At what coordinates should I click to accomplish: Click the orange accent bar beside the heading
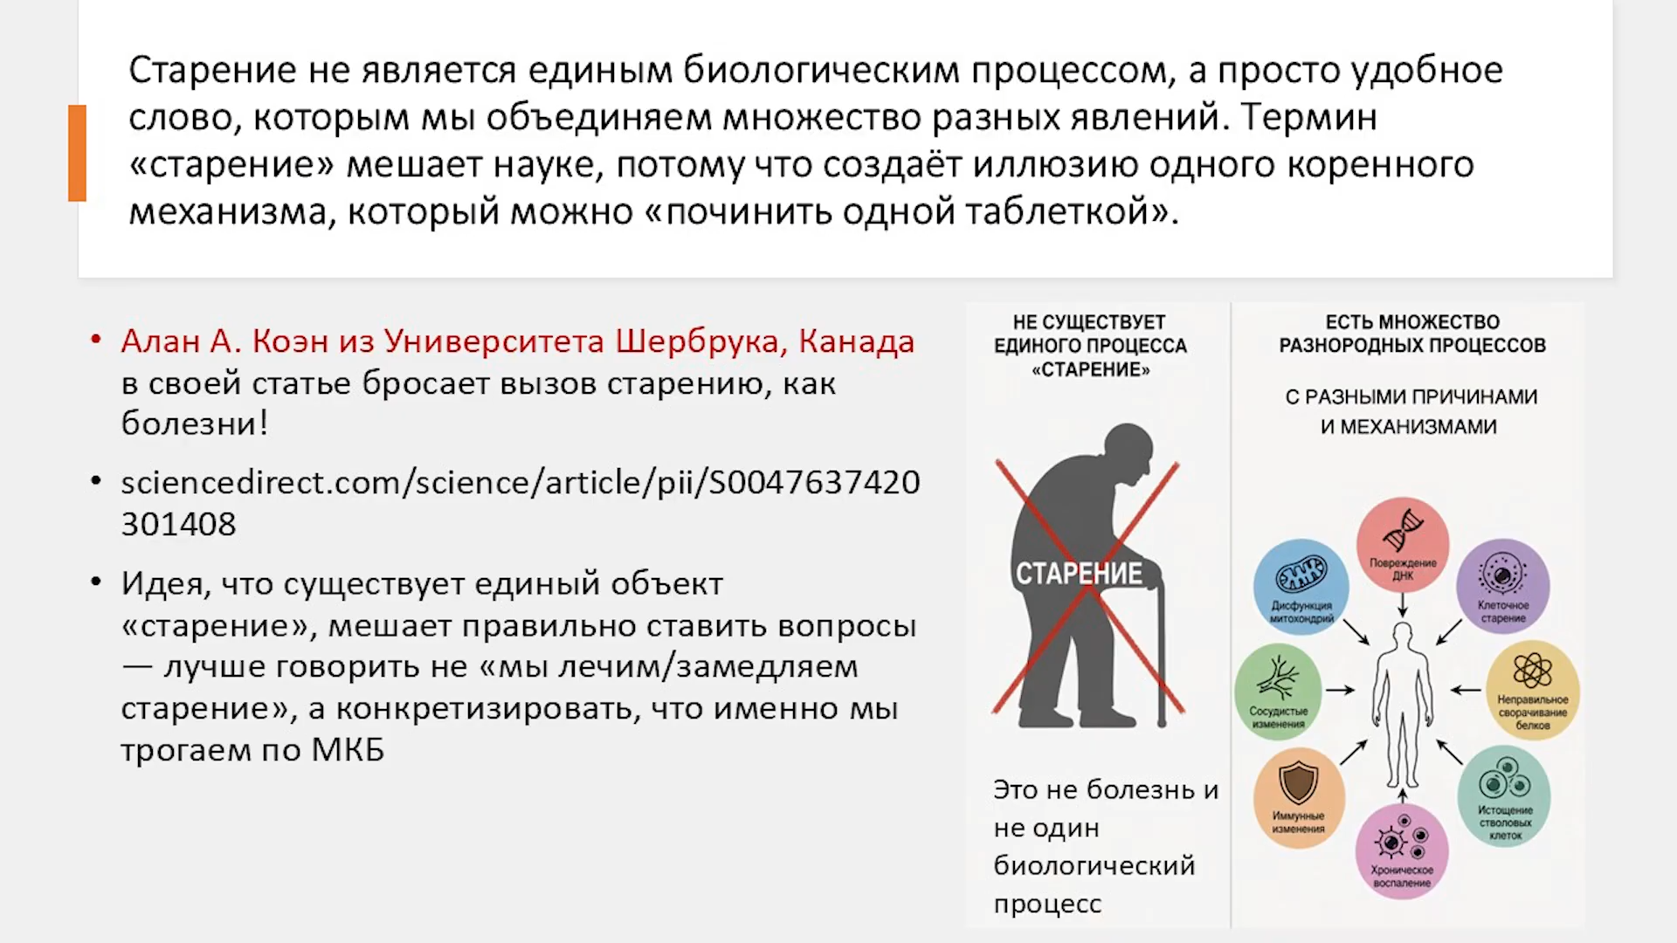78,153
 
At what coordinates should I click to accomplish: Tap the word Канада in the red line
857,341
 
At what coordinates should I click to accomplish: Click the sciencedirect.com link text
521,503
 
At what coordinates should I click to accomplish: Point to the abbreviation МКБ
348,750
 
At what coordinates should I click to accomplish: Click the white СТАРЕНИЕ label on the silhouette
1079,574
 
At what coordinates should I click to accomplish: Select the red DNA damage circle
1403,544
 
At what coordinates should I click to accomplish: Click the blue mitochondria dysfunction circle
1301,586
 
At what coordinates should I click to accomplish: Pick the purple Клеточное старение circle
1503,586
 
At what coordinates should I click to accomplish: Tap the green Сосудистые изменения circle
1278,691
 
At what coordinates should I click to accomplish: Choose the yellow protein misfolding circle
1533,691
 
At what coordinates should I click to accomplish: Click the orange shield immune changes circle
1299,797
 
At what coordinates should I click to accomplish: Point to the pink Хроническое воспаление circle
1402,851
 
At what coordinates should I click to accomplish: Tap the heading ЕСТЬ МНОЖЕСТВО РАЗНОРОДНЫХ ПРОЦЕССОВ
1412,334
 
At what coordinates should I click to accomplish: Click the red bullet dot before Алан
96,339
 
